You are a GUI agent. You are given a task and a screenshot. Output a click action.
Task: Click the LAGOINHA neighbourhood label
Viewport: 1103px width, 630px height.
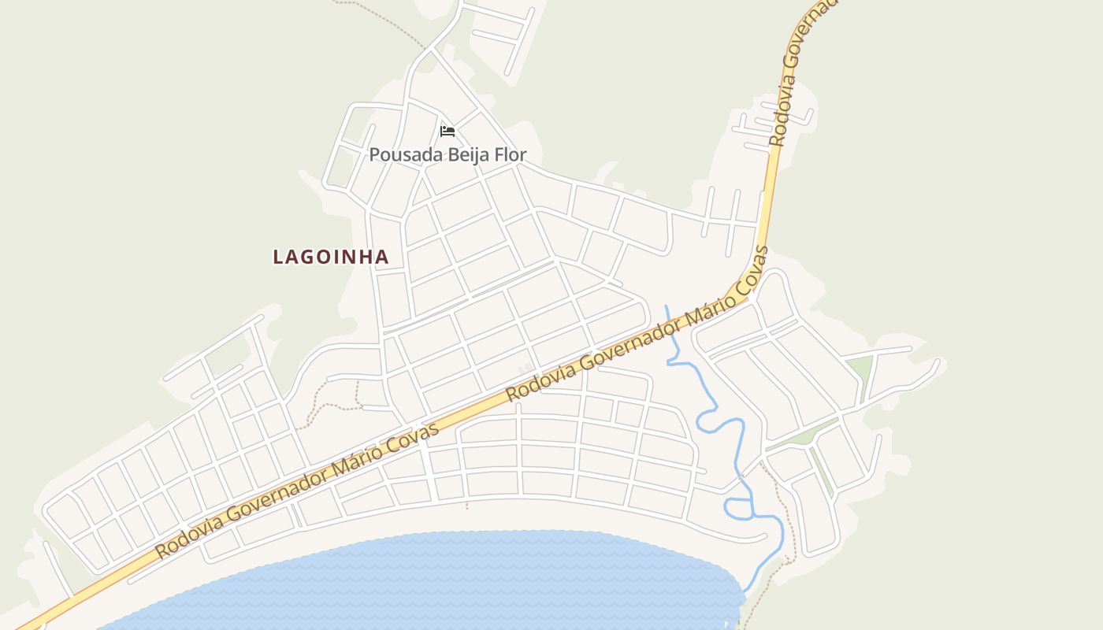coord(331,257)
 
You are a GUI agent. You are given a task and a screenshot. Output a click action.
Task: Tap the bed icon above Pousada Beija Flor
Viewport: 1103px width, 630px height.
coord(448,131)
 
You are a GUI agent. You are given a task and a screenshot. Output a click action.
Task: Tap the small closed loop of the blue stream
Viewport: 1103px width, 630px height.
coord(737,509)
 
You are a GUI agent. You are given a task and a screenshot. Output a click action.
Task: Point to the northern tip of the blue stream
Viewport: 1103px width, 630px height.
coord(666,307)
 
